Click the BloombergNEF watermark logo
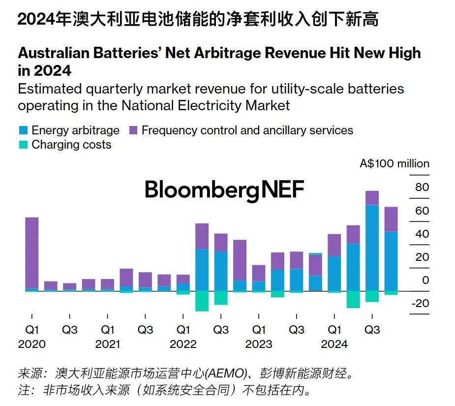coord(224,190)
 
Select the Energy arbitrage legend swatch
coord(23,130)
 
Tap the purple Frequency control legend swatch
coord(133,130)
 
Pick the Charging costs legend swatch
coord(23,145)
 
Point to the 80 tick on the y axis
coord(422,187)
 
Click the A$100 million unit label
coord(394,164)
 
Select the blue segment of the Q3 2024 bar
coord(372,248)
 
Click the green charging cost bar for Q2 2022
coord(202,301)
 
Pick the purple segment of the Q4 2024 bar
coord(391,219)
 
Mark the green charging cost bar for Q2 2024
coord(353,299)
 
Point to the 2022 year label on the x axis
coord(183,344)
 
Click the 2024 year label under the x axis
coord(334,344)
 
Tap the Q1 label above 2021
coord(108,329)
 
